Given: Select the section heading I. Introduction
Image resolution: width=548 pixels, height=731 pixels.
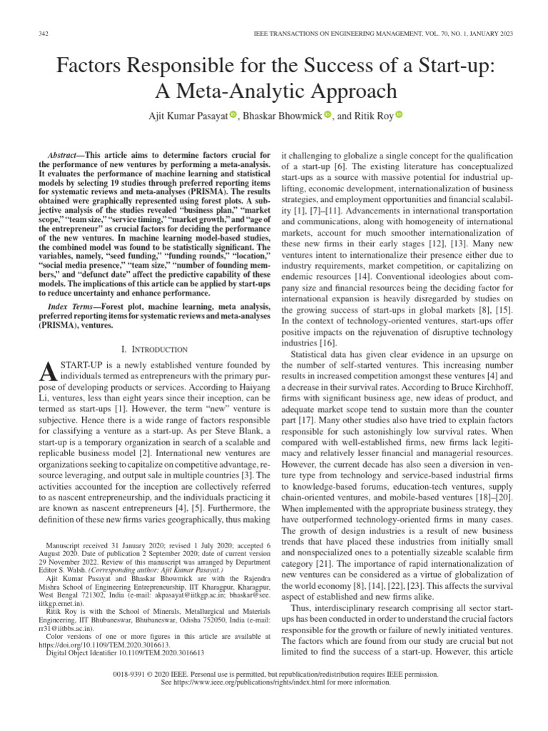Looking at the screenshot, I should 155,349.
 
